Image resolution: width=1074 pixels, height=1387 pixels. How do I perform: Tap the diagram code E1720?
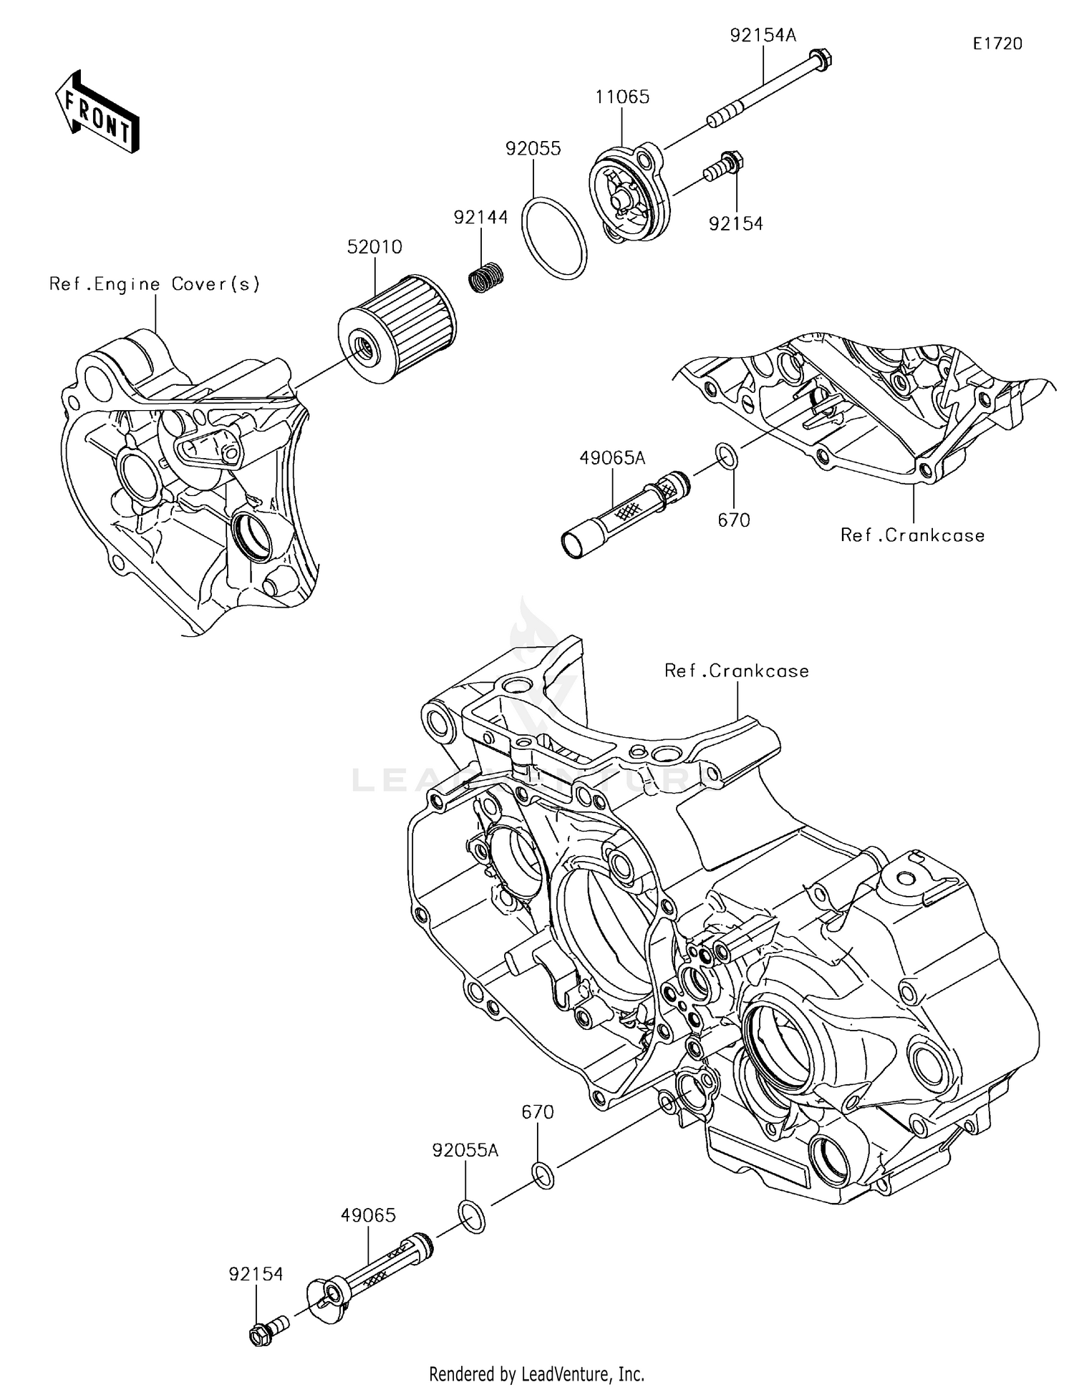click(x=997, y=44)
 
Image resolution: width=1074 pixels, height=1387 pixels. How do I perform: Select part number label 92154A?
click(x=763, y=35)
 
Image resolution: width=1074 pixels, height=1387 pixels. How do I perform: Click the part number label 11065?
click(x=622, y=97)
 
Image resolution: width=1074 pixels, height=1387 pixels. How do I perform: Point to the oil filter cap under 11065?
click(x=630, y=193)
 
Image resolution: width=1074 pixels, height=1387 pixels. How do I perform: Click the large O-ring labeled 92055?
click(x=553, y=236)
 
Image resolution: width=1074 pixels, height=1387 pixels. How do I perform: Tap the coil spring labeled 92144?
click(x=486, y=276)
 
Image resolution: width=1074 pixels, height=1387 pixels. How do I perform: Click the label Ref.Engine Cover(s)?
click(x=155, y=284)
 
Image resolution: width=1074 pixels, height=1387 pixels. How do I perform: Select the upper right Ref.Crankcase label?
click(x=912, y=535)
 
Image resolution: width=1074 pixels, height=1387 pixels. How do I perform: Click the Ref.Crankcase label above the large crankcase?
click(x=736, y=671)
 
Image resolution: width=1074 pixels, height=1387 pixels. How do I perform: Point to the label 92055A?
click(x=465, y=1150)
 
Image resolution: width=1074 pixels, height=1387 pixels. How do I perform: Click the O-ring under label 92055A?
click(x=470, y=1217)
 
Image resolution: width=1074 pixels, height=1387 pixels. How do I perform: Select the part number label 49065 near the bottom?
click(x=368, y=1215)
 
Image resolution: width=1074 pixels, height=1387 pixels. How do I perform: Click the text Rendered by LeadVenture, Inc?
click(x=536, y=1373)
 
